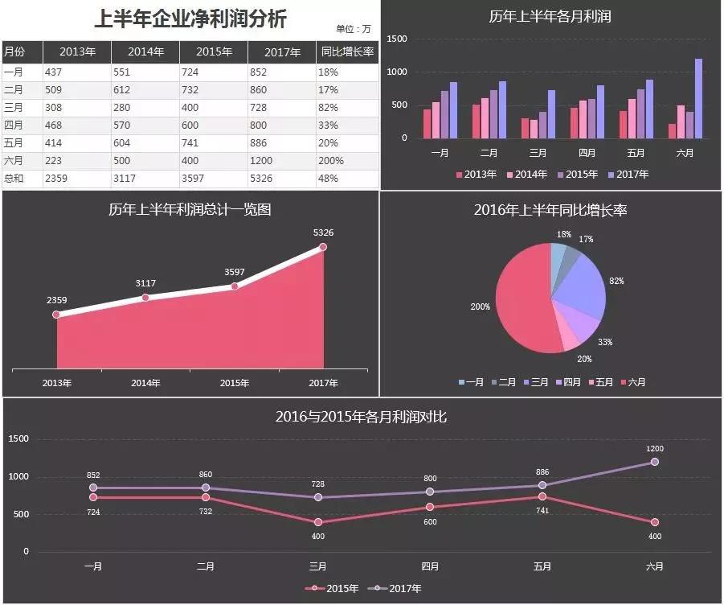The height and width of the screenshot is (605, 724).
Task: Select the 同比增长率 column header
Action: point(347,51)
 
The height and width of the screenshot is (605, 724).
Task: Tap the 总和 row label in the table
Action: point(14,179)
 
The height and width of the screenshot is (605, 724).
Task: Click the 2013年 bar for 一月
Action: point(427,123)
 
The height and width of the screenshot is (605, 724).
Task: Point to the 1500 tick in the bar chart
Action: point(397,39)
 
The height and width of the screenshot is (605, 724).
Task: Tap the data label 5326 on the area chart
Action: point(323,233)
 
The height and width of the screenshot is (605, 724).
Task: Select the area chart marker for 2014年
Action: point(145,298)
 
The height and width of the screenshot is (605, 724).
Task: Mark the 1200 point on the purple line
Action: point(655,462)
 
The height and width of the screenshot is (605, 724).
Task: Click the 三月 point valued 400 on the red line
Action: point(318,522)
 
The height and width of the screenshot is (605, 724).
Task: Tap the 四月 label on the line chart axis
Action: point(431,566)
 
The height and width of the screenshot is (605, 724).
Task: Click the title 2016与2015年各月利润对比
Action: point(361,417)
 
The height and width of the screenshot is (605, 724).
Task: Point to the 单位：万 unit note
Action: point(354,29)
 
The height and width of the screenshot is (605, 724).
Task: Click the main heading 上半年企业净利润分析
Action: point(190,19)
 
